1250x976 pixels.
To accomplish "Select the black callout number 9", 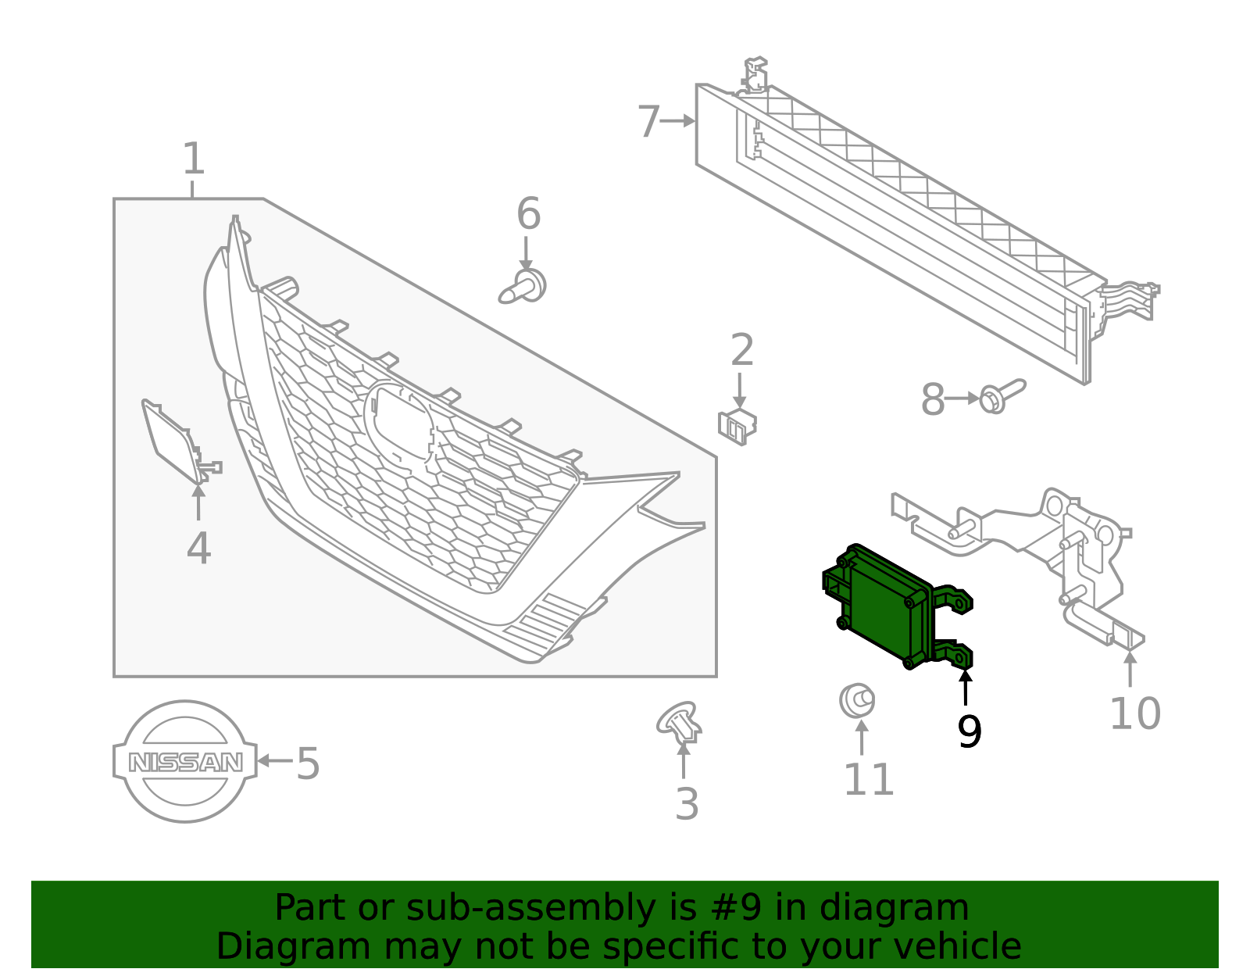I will click(969, 731).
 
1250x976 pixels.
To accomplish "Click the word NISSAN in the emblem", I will click(185, 762).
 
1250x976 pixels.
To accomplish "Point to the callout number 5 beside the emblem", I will click(308, 763).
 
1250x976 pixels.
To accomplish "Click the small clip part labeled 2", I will click(737, 426).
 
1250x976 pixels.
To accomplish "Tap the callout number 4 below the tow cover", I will click(198, 549).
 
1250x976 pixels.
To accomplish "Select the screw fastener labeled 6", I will click(523, 288).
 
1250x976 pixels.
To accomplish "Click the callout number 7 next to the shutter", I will click(648, 122).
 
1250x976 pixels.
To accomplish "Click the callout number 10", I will click(1134, 713).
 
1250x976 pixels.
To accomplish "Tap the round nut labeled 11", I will click(856, 700).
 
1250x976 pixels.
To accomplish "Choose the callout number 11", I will click(868, 779).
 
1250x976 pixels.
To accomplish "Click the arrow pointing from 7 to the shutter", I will click(677, 120).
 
